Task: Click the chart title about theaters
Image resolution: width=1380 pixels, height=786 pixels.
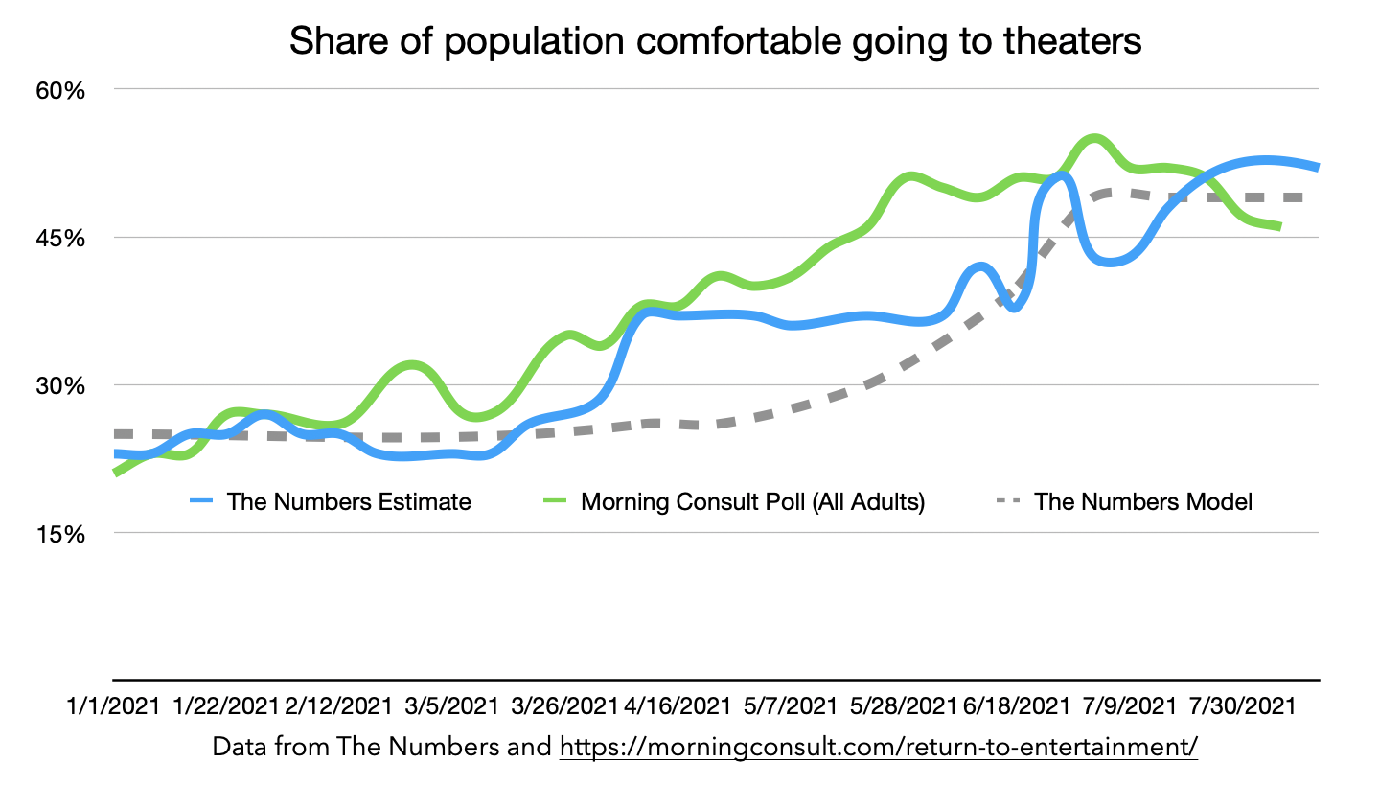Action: click(715, 42)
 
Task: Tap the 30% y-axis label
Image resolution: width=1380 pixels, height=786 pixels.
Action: click(61, 386)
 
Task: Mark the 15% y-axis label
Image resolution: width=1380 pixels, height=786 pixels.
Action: click(61, 534)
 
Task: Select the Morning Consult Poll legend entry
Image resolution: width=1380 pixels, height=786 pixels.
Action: click(752, 501)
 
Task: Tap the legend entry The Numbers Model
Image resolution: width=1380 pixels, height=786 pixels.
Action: click(1143, 501)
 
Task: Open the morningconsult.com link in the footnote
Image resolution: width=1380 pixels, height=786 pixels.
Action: click(879, 747)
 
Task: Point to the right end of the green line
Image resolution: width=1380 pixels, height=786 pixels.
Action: click(1280, 227)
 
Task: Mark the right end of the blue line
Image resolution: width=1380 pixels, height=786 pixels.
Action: click(1318, 168)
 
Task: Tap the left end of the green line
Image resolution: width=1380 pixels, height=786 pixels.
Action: click(115, 474)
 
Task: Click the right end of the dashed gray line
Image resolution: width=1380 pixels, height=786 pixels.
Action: click(1301, 197)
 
